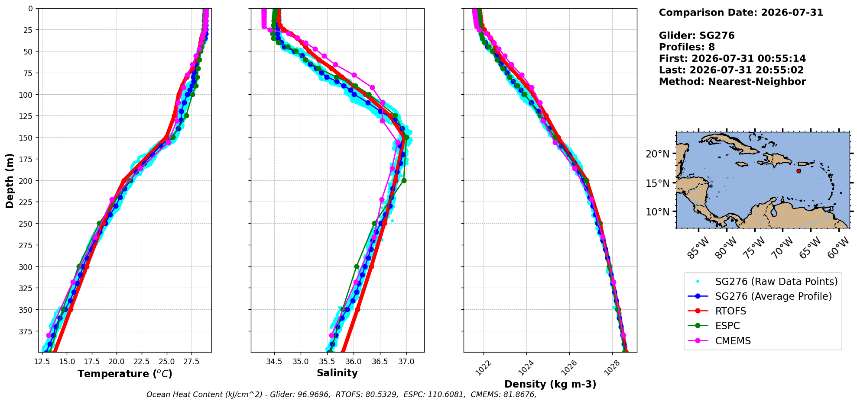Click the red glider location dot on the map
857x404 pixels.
[x=799, y=171]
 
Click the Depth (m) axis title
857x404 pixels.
[x=10, y=180]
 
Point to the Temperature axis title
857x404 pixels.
[x=125, y=374]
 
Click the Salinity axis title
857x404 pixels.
[x=337, y=373]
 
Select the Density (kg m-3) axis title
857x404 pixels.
[x=550, y=384]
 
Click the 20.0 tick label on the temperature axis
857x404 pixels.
[x=116, y=361]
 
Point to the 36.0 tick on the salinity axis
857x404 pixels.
[x=353, y=361]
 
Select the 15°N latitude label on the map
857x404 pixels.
[x=657, y=183]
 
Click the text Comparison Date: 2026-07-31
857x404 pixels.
[x=741, y=13]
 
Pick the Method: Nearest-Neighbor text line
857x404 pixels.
[x=732, y=82]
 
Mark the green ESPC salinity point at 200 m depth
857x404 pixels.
[x=404, y=180]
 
